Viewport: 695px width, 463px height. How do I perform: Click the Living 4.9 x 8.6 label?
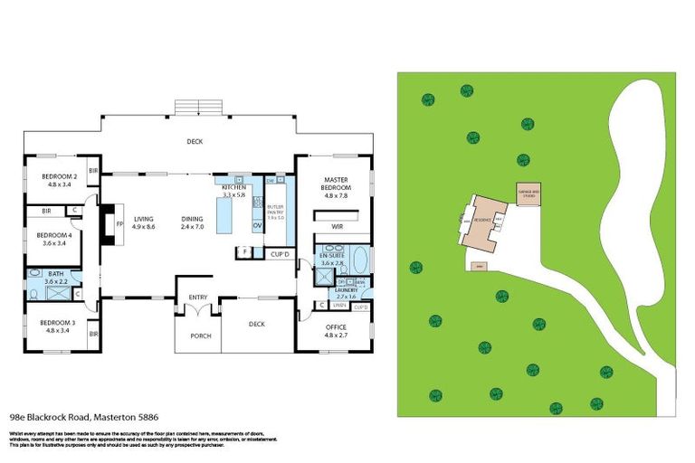[x=144, y=222]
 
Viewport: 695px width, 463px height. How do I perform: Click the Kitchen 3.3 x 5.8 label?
[x=233, y=191]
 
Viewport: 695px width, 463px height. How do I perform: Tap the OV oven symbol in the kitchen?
[x=257, y=225]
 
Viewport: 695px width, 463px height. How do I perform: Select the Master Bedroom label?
[x=336, y=186]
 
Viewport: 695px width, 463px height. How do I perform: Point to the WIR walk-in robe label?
[x=338, y=227]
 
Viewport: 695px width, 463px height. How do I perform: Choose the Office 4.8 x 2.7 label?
[x=337, y=331]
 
